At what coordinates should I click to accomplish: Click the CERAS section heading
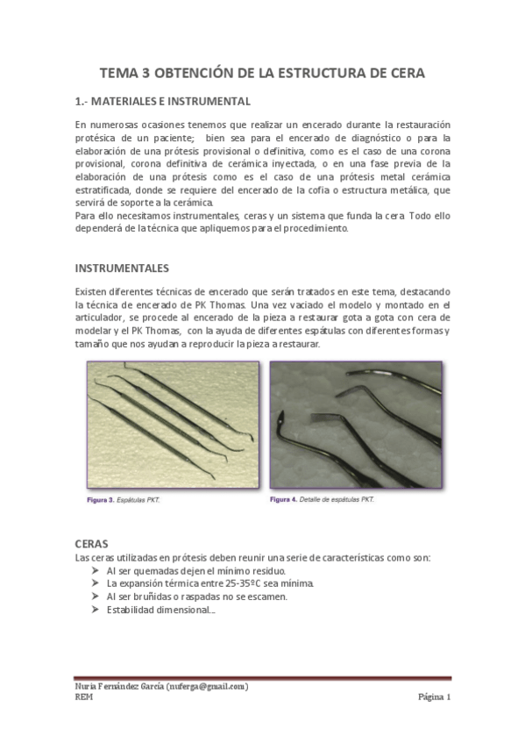(x=92, y=544)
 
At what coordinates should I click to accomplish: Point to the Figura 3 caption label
(x=99, y=500)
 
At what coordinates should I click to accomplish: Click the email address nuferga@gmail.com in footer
(x=204, y=686)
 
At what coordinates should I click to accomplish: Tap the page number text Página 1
(x=433, y=697)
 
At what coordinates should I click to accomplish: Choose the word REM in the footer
(x=83, y=697)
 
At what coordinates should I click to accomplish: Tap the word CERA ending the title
(x=407, y=73)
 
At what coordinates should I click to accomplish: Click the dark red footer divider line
(x=263, y=677)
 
